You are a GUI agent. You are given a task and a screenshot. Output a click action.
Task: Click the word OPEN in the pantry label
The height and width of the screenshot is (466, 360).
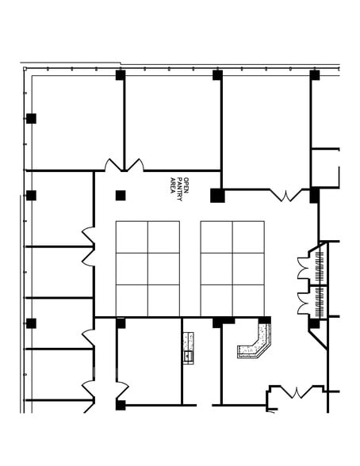coord(186,185)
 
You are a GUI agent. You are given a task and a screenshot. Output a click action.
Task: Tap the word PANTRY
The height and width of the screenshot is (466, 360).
coord(179,189)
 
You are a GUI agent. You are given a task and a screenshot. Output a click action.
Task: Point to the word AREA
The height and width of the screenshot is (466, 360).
coord(172,185)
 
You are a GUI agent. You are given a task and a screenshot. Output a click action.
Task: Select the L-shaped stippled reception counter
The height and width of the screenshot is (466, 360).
coord(255,342)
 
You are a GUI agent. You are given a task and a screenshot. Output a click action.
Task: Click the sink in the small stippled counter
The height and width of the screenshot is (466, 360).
coord(189,354)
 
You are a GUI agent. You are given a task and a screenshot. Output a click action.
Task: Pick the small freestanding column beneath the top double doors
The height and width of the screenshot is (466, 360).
coord(121,196)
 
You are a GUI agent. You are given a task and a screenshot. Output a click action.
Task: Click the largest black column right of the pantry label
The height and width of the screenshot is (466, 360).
coord(217,196)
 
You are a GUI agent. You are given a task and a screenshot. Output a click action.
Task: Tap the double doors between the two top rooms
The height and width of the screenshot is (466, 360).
coord(124,165)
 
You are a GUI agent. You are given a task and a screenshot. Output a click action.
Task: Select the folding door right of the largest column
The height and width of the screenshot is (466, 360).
coord(287,195)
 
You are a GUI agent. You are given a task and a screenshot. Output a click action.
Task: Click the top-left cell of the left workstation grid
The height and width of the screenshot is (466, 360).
coord(132,237)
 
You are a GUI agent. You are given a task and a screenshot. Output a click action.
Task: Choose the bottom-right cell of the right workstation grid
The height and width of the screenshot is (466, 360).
coord(248,300)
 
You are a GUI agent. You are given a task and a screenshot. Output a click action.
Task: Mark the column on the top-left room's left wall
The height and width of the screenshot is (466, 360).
coord(31,119)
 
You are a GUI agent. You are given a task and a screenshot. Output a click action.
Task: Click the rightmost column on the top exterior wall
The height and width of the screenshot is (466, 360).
coord(315,75)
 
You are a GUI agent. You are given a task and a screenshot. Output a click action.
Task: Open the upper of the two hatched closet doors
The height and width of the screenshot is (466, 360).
coord(303,268)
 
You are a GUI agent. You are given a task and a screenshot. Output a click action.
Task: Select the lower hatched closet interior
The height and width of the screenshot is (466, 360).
coord(320,302)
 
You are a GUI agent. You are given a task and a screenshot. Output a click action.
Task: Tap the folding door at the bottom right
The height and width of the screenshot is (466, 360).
coord(297,392)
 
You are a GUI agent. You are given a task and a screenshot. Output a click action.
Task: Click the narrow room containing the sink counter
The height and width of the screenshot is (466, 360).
coord(201,361)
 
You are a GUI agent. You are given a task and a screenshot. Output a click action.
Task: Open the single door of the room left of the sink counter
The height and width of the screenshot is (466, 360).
coord(121,390)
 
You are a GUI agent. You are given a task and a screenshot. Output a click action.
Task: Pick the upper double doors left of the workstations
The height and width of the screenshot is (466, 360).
coord(89,246)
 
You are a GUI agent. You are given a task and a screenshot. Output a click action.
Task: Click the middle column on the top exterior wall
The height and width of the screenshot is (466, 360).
coord(217,75)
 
